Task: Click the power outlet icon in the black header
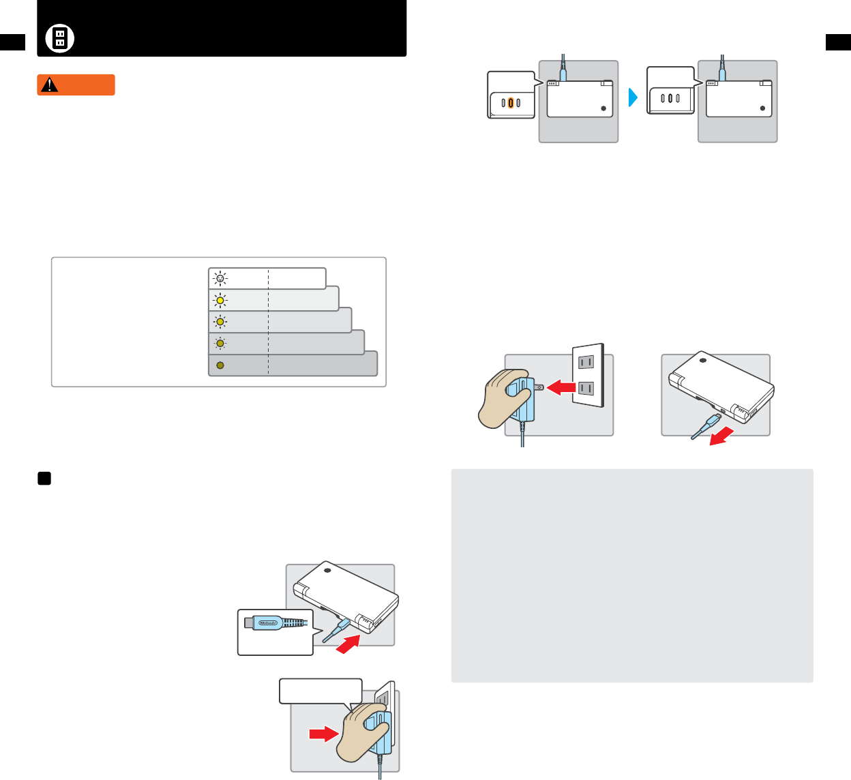pyautogui.click(x=60, y=38)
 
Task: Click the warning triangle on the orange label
pyautogui.click(x=49, y=85)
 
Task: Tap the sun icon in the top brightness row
pyautogui.click(x=220, y=278)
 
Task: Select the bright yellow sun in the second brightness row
pyautogui.click(x=220, y=300)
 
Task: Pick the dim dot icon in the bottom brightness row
pyautogui.click(x=220, y=365)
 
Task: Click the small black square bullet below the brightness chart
pyautogui.click(x=44, y=479)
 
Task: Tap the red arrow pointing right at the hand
pyautogui.click(x=323, y=734)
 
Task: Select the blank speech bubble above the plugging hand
pyautogui.click(x=320, y=691)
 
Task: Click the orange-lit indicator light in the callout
pyautogui.click(x=511, y=103)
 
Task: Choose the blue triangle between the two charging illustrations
pyautogui.click(x=632, y=97)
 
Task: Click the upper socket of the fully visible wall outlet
pyautogui.click(x=586, y=361)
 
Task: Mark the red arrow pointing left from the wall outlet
pyautogui.click(x=561, y=387)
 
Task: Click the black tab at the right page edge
pyautogui.click(x=838, y=42)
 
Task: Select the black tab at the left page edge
pyautogui.click(x=12, y=42)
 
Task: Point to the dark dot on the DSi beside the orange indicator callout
pyautogui.click(x=603, y=108)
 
